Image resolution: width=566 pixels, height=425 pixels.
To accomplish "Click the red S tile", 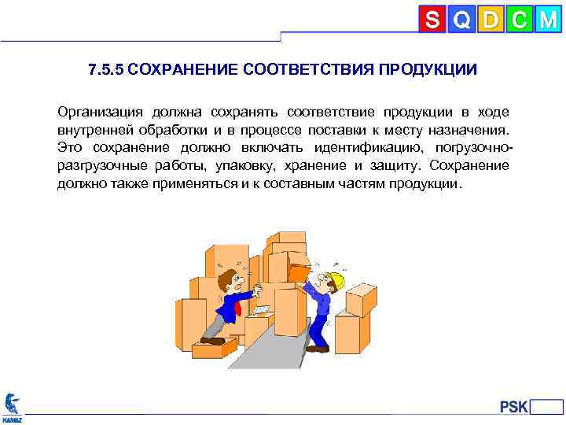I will (x=432, y=20).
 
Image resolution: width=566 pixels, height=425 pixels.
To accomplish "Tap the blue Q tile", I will (x=462, y=20).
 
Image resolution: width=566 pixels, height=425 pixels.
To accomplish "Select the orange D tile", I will (x=491, y=20).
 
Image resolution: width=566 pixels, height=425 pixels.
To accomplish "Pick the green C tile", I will (x=519, y=20).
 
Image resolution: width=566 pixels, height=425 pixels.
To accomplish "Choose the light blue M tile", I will (x=547, y=20).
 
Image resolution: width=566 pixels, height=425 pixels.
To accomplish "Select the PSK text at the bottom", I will (x=513, y=407).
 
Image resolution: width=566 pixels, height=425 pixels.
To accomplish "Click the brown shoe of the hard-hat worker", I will (x=317, y=348).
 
